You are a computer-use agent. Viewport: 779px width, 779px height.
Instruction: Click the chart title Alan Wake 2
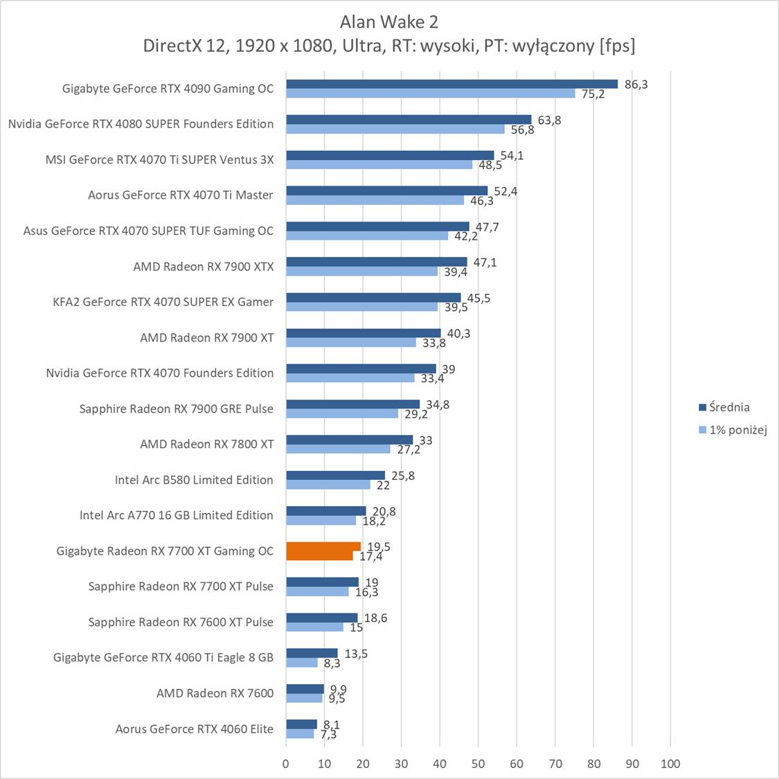tap(388, 22)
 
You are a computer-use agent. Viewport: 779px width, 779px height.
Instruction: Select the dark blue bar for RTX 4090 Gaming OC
tap(451, 84)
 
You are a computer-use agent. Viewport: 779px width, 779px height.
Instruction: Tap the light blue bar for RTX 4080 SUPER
tap(395, 129)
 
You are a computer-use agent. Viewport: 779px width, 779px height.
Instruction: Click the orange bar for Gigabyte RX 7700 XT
tap(323, 551)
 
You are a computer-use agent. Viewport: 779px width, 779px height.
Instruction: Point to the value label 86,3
tap(636, 84)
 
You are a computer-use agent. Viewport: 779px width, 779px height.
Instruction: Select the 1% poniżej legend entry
tap(737, 430)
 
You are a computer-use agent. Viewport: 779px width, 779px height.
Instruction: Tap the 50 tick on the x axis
tap(478, 764)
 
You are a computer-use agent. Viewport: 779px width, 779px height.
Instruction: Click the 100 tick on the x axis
tap(670, 764)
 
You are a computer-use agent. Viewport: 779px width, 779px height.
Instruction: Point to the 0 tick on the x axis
tap(286, 764)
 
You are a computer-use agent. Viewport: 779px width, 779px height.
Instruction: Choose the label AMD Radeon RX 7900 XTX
tap(203, 267)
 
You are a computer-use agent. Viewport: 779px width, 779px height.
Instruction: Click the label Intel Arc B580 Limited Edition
tap(194, 480)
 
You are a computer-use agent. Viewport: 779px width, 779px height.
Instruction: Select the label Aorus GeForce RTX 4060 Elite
tap(194, 729)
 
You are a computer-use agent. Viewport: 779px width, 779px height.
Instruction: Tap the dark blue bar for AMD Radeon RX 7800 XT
tap(349, 440)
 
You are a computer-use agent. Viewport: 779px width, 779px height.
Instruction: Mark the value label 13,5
tap(356, 654)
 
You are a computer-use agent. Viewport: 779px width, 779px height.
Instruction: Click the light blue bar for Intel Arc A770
tap(321, 520)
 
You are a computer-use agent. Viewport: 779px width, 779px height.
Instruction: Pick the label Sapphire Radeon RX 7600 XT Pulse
tap(181, 623)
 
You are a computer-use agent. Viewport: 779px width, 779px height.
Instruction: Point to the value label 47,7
tap(487, 226)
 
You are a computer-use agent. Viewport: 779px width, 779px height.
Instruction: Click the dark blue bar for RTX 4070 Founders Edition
tap(361, 368)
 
